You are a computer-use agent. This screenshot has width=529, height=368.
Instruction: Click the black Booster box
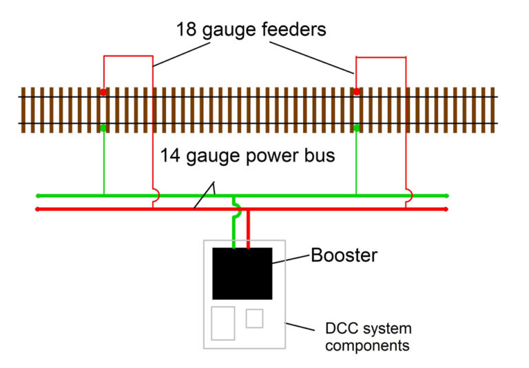point(242,273)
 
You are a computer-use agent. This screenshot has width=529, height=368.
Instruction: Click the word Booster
point(344,255)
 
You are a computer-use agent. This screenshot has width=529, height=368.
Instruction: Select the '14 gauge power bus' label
point(247,155)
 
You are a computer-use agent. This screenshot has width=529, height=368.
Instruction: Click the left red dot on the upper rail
point(103,91)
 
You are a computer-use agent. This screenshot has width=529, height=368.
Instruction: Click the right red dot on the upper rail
point(356,91)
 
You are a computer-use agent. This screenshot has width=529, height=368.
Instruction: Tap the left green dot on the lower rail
point(103,127)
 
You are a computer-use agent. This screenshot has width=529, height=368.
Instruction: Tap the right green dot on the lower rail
point(356,127)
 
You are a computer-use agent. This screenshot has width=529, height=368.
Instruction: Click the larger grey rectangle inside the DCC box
point(223,323)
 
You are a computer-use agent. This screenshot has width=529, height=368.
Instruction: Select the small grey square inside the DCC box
point(255,318)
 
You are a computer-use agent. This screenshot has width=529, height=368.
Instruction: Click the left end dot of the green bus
point(37,196)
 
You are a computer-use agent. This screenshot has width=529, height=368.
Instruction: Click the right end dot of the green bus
point(447,196)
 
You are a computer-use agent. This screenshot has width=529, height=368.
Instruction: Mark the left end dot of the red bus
point(37,208)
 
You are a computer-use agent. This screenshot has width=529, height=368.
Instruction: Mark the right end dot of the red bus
point(447,208)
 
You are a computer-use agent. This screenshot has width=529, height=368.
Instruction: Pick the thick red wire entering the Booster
point(249,228)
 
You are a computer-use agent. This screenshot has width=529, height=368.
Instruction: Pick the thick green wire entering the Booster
point(234,230)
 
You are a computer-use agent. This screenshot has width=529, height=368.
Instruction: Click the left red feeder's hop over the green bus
point(157,196)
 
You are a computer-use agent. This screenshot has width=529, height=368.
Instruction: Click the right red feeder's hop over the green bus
point(410,196)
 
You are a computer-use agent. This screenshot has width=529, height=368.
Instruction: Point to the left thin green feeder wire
point(103,162)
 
